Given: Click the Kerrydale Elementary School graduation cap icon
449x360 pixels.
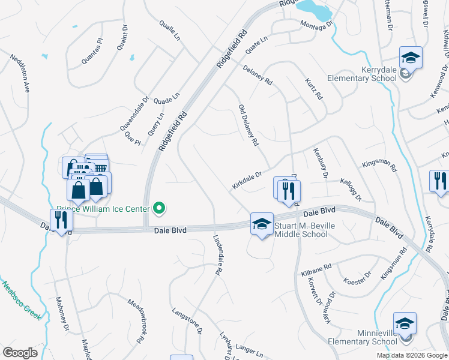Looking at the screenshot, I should coord(411,58).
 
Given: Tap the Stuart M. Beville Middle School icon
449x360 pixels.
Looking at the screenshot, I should coord(262,224).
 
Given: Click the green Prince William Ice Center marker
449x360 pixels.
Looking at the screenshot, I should coord(159,209).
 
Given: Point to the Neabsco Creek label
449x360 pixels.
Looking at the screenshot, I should coord(22,300).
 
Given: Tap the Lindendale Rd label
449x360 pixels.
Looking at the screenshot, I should coord(218,254).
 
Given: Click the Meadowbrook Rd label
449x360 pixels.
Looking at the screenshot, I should coord(137,320).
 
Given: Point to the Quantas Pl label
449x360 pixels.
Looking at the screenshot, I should coord(92,52).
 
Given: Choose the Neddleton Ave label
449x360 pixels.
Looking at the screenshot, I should coord(20,73).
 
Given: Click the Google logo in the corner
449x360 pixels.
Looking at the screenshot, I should coord(20,353).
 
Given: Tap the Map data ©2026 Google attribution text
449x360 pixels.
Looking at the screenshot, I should coord(411,355).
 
